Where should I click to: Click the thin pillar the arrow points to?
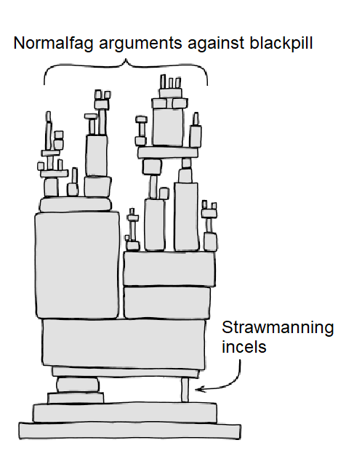pyautogui.click(x=185, y=390)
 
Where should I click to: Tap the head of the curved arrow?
pyautogui.click(x=199, y=389)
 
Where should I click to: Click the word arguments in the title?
pyautogui.click(x=140, y=44)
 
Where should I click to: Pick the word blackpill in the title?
pyautogui.click(x=281, y=43)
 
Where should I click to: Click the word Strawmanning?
pyautogui.click(x=278, y=328)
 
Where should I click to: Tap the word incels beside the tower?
pyautogui.click(x=244, y=347)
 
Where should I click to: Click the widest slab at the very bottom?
pyautogui.click(x=129, y=431)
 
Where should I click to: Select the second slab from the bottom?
pyautogui.click(x=125, y=412)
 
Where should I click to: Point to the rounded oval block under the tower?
pyautogui.click(x=78, y=385)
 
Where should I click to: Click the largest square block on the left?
pyautogui.click(x=77, y=265)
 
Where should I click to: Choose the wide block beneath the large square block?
pyautogui.click(x=124, y=343)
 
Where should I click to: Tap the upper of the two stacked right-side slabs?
pyautogui.click(x=169, y=269)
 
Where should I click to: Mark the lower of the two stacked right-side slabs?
pyautogui.click(x=167, y=303)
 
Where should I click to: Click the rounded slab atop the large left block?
pyautogui.click(x=76, y=204)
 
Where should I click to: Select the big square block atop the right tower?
pyautogui.click(x=168, y=127)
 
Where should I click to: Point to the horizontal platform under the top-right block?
pyautogui.click(x=168, y=153)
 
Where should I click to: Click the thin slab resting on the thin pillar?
pyautogui.click(x=126, y=372)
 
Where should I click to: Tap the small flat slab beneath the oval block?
pyautogui.click(x=76, y=398)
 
